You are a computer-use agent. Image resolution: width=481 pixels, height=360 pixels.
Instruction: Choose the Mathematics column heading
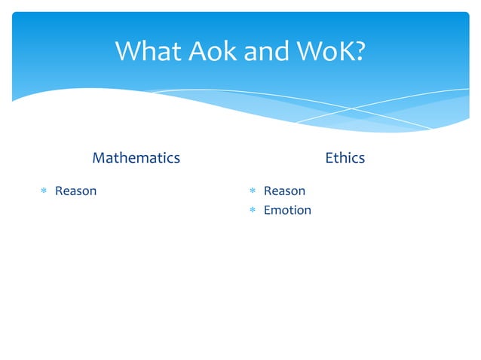(136, 157)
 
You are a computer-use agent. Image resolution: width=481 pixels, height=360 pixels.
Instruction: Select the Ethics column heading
(345, 157)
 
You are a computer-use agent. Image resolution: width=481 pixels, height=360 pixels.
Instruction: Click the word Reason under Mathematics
(75, 191)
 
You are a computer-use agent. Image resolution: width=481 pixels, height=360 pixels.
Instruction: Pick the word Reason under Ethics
(284, 191)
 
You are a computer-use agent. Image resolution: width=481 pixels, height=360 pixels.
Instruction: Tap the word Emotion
(287, 210)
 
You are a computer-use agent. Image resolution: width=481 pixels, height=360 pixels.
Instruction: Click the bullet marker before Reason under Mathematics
(44, 191)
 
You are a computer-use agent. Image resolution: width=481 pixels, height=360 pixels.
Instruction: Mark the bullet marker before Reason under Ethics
(253, 191)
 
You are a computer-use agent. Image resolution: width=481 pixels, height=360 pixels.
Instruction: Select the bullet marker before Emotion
(253, 211)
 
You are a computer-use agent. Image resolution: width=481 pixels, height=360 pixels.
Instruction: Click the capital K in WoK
(343, 51)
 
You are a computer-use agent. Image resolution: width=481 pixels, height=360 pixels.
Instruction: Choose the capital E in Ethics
(329, 157)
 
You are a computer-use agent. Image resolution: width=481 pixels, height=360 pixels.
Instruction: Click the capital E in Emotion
(267, 210)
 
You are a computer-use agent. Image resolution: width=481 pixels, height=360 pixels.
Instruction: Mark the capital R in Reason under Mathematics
(59, 191)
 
